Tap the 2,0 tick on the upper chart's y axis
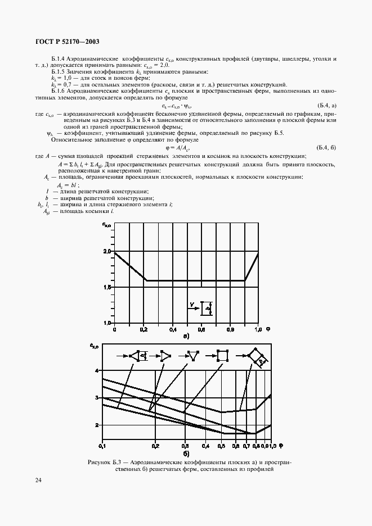[x=107, y=251]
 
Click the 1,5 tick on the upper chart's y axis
[x=107, y=287]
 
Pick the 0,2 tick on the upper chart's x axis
[x=144, y=328]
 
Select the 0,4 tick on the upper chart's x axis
[x=172, y=328]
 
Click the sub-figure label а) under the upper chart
[x=185, y=336]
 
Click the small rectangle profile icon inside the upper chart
[x=206, y=307]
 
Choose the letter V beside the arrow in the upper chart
[x=192, y=304]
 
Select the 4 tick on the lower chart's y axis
[x=97, y=371]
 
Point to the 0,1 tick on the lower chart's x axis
[x=102, y=446]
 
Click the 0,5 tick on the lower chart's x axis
[x=221, y=446]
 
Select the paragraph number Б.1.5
[x=60, y=71]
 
